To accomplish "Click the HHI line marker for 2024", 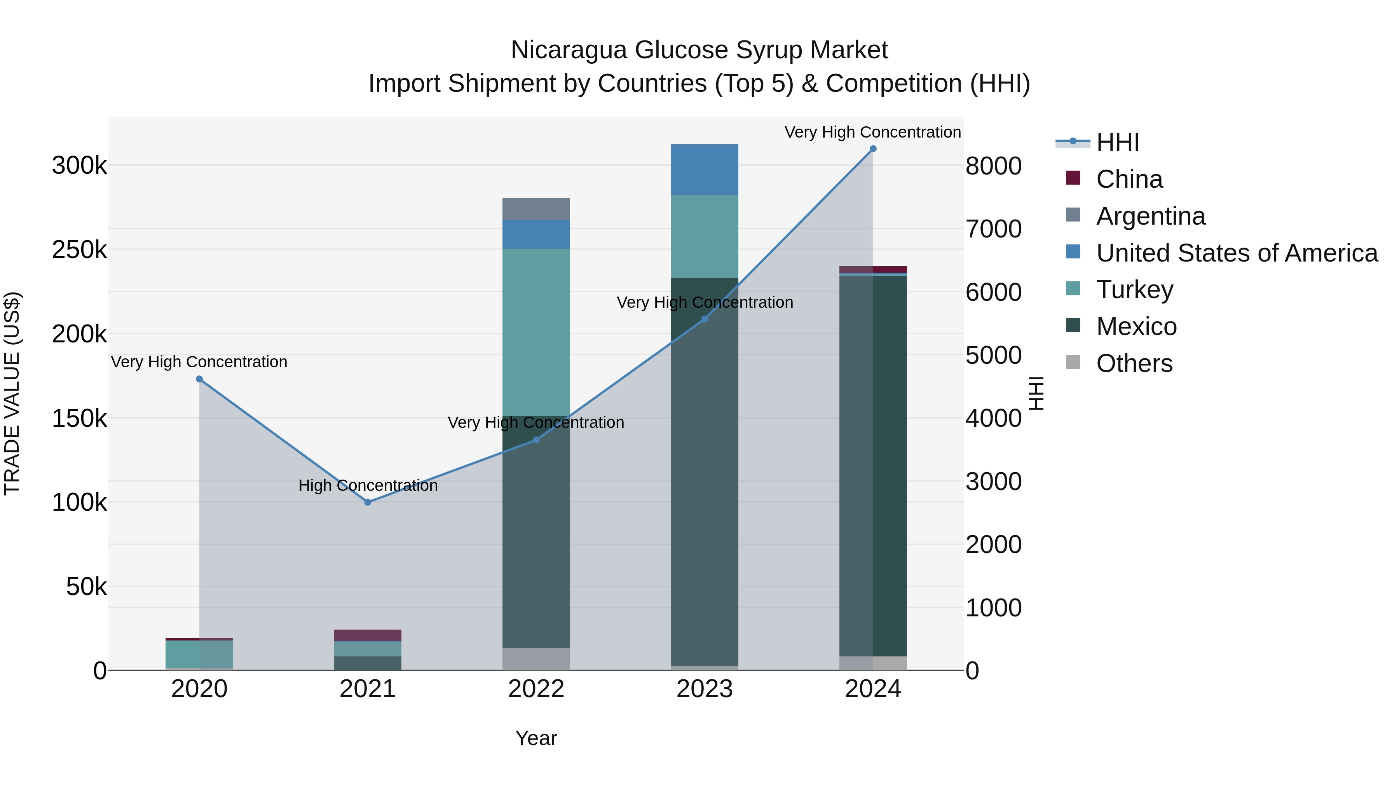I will (x=873, y=149).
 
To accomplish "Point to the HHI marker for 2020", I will (x=199, y=379).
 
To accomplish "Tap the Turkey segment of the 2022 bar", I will (x=536, y=332).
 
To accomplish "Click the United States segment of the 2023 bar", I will (x=705, y=169).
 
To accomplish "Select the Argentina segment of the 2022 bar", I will (x=536, y=209).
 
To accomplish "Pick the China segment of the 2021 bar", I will (x=368, y=635).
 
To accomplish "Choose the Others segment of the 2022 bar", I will (x=536, y=659).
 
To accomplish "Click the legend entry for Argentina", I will (x=1150, y=216).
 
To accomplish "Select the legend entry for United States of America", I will (x=1236, y=253).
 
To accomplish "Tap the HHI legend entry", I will (x=1117, y=142).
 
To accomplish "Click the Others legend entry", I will (x=1134, y=363).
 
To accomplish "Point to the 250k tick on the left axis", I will (x=79, y=250).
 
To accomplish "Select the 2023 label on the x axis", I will (x=705, y=689).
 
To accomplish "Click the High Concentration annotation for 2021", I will (x=368, y=485).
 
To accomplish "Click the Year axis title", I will (x=536, y=738).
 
